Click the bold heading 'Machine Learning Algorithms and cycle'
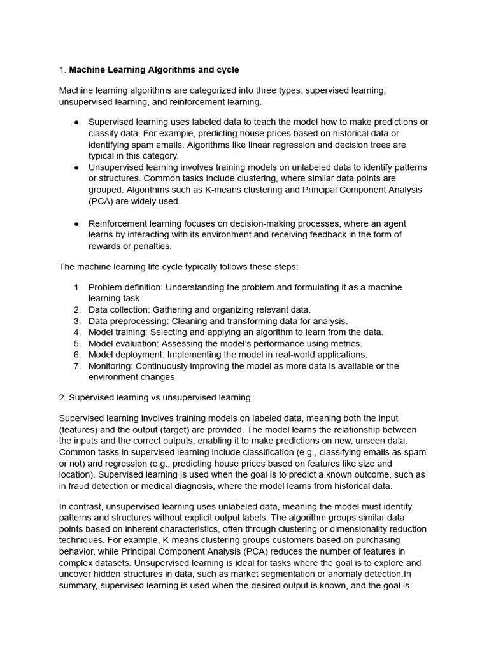[x=153, y=69]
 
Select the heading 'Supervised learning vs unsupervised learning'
[x=159, y=397]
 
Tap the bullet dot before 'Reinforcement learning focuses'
[x=76, y=224]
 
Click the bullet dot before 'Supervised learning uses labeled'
[x=76, y=122]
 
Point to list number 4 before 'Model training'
[x=77, y=332]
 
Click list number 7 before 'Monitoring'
[x=77, y=366]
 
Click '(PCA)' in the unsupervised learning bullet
[x=103, y=201]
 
